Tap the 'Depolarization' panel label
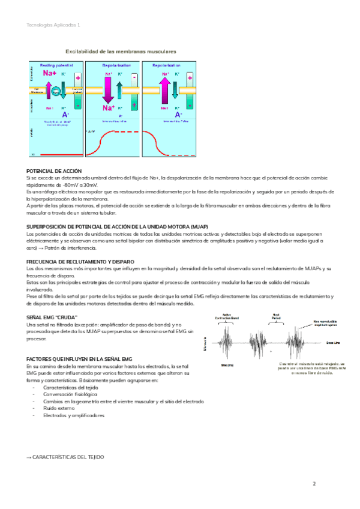pyautogui.click(x=113, y=64)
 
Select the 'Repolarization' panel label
pyautogui.click(x=168, y=64)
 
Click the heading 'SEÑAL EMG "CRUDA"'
pyautogui.click(x=53, y=316)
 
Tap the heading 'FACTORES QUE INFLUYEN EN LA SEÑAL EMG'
pyautogui.click(x=79, y=358)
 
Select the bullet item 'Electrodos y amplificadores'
pyautogui.click(x=74, y=415)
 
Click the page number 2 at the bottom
pyautogui.click(x=313, y=484)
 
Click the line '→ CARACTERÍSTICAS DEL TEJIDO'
pyautogui.click(x=65, y=457)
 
